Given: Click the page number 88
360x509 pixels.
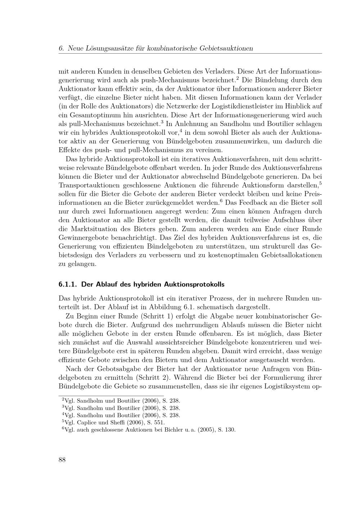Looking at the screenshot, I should click(x=62, y=460).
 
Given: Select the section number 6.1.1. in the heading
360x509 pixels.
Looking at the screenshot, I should click(x=68, y=284).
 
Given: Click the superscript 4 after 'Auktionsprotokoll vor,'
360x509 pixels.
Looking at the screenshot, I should click(x=181, y=130).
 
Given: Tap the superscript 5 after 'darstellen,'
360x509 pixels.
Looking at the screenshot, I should click(x=320, y=183).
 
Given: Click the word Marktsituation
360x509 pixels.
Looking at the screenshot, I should click(x=88, y=229).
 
